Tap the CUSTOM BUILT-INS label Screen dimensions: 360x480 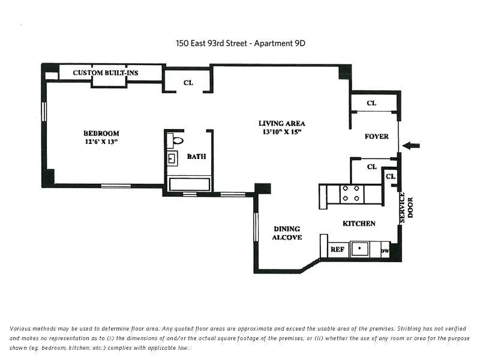coord(106,73)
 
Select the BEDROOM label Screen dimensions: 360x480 coord(101,133)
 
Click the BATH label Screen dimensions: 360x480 coord(196,157)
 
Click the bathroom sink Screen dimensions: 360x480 coord(172,159)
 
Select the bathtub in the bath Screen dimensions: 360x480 coord(189,184)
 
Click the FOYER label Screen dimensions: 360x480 coord(376,136)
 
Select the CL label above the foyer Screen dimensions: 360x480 coord(371,103)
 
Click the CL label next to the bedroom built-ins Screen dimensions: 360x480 coord(188,82)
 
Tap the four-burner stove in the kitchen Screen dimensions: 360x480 coord(351,194)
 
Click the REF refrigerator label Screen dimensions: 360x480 coord(337,249)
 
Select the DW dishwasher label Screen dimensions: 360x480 coord(385,250)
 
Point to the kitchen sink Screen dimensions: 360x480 coord(360,248)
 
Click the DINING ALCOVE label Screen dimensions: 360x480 coord(287,233)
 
